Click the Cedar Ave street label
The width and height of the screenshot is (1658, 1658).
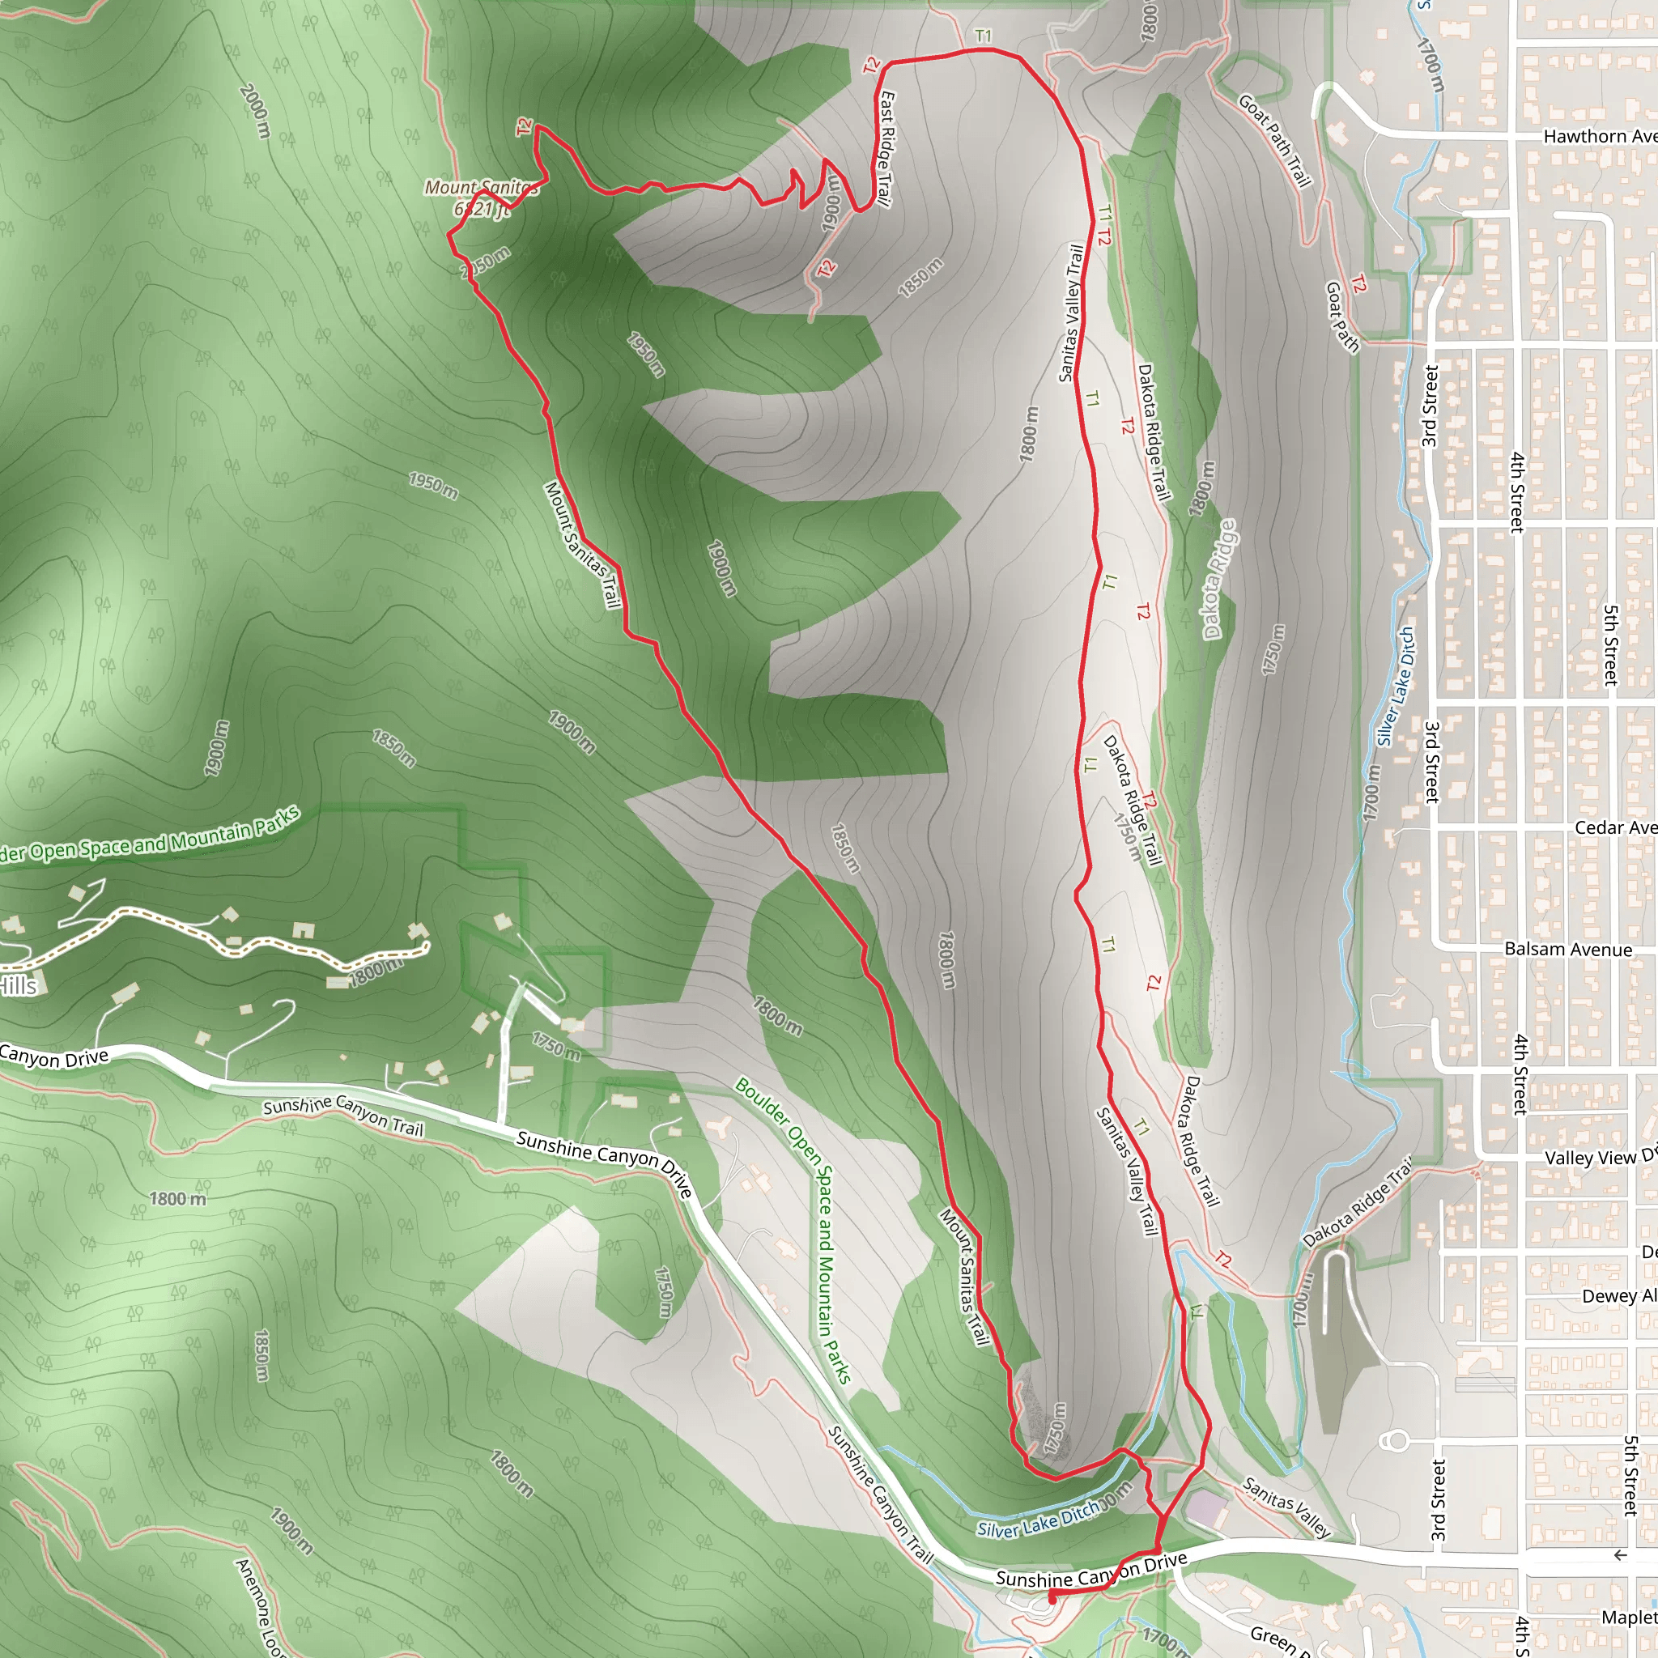click(x=1615, y=827)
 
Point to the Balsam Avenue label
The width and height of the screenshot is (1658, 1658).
click(x=1568, y=949)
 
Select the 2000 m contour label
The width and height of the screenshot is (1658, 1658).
click(x=256, y=110)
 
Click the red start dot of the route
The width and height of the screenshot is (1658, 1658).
click(x=1052, y=1600)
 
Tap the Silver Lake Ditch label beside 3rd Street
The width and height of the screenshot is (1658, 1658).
click(x=1396, y=687)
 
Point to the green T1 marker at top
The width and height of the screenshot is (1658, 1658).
click(x=984, y=36)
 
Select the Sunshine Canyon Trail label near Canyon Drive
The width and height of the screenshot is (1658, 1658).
click(x=343, y=1116)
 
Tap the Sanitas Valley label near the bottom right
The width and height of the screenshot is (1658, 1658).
click(x=1286, y=1506)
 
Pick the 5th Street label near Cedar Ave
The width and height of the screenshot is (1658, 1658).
click(x=1611, y=645)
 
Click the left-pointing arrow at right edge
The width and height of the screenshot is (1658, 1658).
click(x=1619, y=1556)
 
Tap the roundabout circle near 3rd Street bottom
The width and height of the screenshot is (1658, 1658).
click(x=1397, y=1440)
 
